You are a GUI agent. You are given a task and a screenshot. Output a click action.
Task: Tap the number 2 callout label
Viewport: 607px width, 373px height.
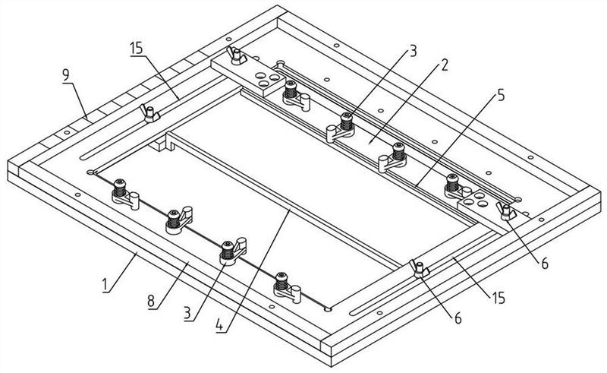pyautogui.click(x=445, y=65)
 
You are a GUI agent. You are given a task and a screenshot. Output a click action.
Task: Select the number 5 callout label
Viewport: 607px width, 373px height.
pyautogui.click(x=502, y=96)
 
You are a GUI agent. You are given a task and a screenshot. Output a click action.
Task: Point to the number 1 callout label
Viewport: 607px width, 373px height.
pyautogui.click(x=105, y=286)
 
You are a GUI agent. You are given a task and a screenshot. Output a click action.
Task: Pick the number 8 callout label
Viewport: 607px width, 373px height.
pyautogui.click(x=151, y=302)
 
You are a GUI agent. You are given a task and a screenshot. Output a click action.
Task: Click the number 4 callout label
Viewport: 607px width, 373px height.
pyautogui.click(x=219, y=324)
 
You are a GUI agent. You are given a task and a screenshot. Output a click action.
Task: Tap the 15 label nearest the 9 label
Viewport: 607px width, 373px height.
pyautogui.click(x=137, y=49)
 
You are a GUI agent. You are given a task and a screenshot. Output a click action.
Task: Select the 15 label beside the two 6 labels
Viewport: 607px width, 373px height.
pyautogui.click(x=498, y=298)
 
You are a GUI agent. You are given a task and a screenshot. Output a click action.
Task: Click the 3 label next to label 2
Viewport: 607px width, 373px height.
pyautogui.click(x=413, y=50)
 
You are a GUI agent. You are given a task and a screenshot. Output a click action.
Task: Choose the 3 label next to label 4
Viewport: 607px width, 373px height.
pyautogui.click(x=187, y=313)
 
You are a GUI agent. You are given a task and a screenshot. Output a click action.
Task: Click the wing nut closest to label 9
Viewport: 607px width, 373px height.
pyautogui.click(x=149, y=114)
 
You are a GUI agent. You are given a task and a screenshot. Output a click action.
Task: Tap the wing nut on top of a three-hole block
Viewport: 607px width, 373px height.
pyautogui.click(x=236, y=55)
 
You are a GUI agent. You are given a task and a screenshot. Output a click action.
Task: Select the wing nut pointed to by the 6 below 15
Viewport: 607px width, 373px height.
pyautogui.click(x=420, y=269)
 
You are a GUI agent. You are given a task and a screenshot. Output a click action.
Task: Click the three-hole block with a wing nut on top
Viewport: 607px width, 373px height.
pyautogui.click(x=248, y=76)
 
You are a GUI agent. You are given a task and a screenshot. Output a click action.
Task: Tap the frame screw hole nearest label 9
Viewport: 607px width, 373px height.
pyautogui.click(x=67, y=132)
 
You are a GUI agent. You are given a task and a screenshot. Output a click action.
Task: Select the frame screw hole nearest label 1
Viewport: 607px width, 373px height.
pyautogui.click(x=78, y=194)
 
